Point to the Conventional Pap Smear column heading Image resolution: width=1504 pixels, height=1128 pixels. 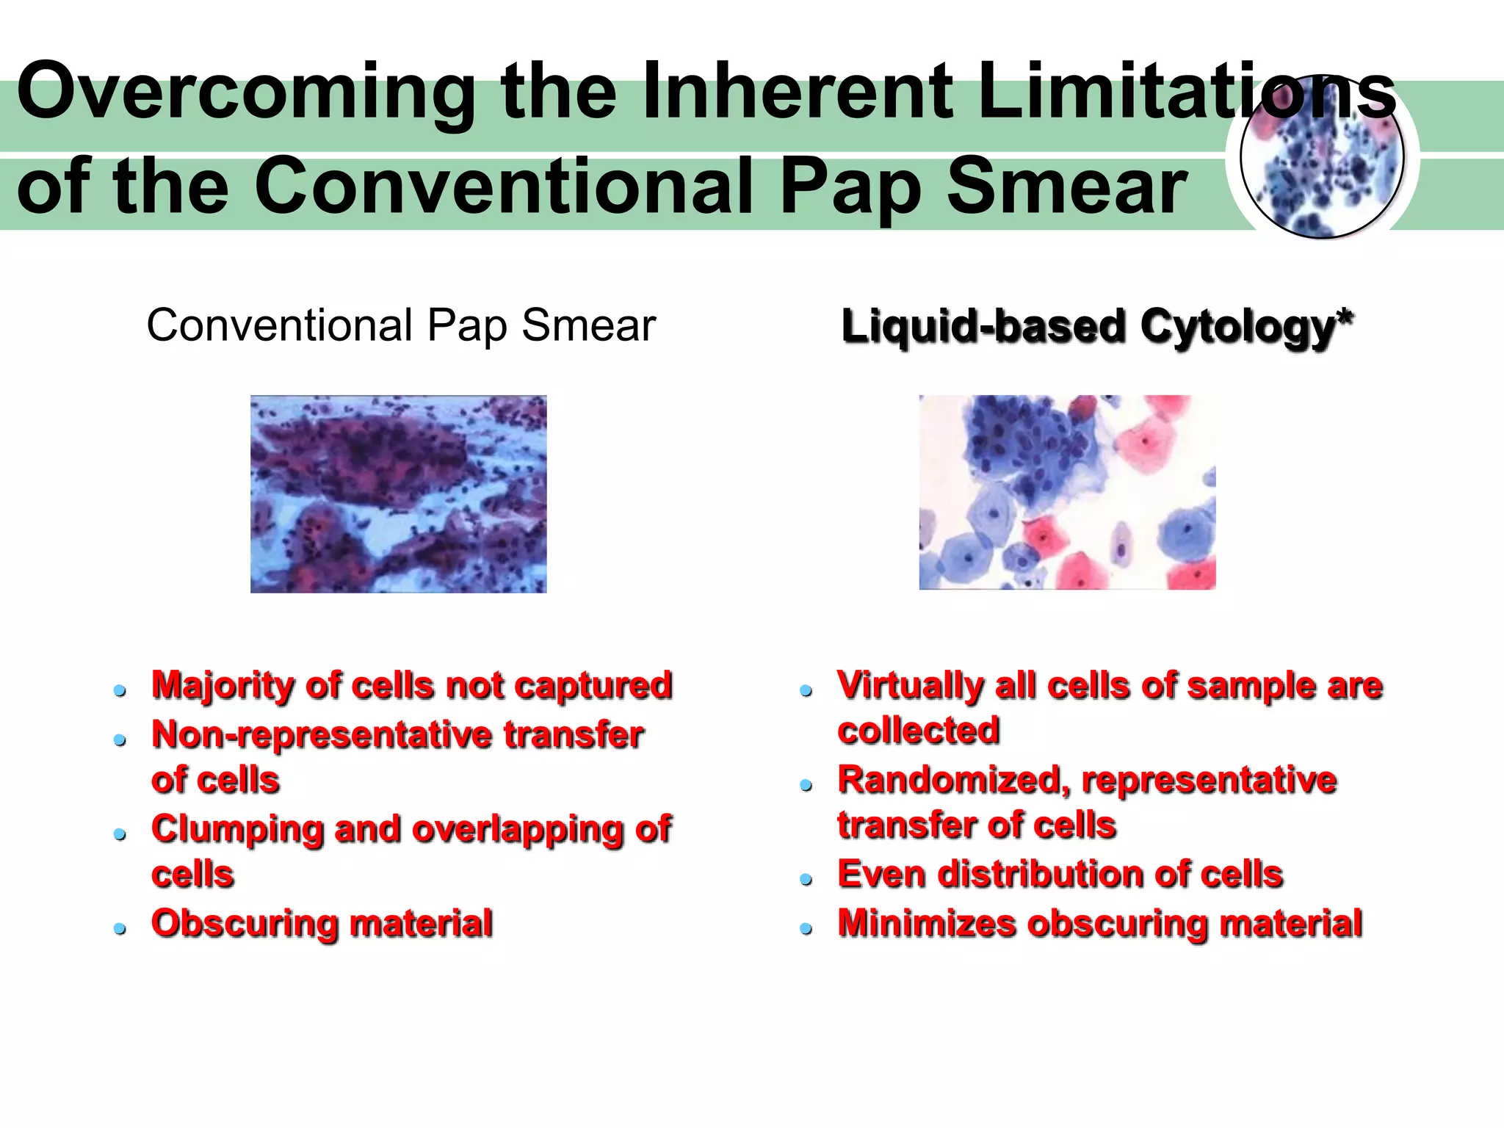click(401, 325)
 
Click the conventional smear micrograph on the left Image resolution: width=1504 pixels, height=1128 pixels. click(398, 493)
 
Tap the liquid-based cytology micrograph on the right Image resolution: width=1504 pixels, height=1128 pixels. click(1067, 492)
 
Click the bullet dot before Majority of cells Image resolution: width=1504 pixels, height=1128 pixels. click(120, 691)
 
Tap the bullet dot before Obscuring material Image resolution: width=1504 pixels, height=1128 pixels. click(120, 929)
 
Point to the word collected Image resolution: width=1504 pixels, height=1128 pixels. click(919, 731)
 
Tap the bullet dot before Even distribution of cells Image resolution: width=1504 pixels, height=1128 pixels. click(806, 880)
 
